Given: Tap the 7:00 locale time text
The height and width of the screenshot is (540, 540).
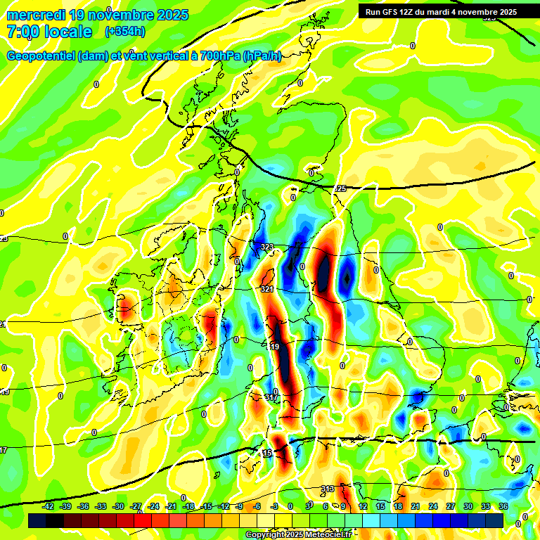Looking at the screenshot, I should coord(49,32).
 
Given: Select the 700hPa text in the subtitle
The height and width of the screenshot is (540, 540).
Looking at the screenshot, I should coord(220,56).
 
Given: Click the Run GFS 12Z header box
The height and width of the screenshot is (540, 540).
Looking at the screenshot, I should coord(441,12).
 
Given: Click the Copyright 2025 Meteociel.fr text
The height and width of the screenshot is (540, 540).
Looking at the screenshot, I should coord(299,535).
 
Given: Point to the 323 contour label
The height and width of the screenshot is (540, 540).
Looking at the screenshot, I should coord(267,247).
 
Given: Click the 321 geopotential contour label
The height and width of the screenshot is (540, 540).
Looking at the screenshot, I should coord(267,289).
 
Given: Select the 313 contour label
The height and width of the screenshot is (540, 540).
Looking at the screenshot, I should coord(328,489).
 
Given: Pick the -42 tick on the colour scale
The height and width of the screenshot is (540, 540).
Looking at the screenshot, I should coord(49,506).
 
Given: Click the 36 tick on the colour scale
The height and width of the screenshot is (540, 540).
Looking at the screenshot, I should coord(503,506).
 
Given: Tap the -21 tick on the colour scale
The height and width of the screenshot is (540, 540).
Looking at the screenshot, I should coord(170,506).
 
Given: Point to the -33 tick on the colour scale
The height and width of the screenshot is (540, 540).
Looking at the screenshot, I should coord(101,506).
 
